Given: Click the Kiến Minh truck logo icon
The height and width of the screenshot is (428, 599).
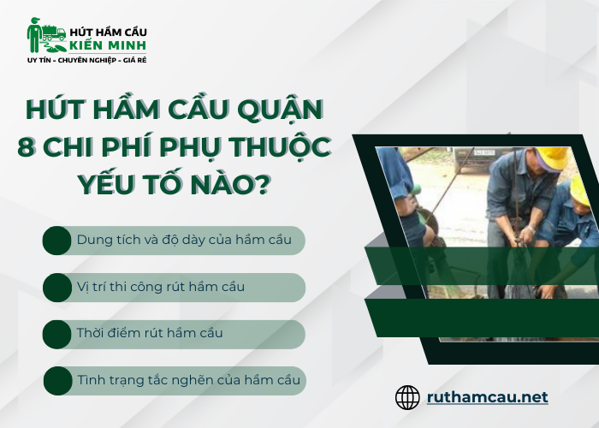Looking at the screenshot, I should tap(45, 35).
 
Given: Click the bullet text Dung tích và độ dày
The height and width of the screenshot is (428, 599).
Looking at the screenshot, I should tap(183, 240).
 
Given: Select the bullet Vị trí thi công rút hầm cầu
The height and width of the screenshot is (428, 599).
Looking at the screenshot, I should tap(160, 287).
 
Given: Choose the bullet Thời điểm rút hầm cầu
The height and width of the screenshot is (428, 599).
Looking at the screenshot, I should tap(150, 333).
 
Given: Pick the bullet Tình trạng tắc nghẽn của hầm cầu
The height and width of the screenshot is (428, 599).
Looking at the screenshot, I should tap(188, 379).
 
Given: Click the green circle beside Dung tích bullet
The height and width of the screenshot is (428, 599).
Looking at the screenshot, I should tap(57, 241).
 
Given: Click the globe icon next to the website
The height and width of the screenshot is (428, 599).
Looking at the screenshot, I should tap(407, 397).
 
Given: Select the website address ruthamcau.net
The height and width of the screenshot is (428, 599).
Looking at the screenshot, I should tap(488, 397).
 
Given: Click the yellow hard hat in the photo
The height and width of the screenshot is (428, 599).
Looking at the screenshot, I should tap(552, 158).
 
